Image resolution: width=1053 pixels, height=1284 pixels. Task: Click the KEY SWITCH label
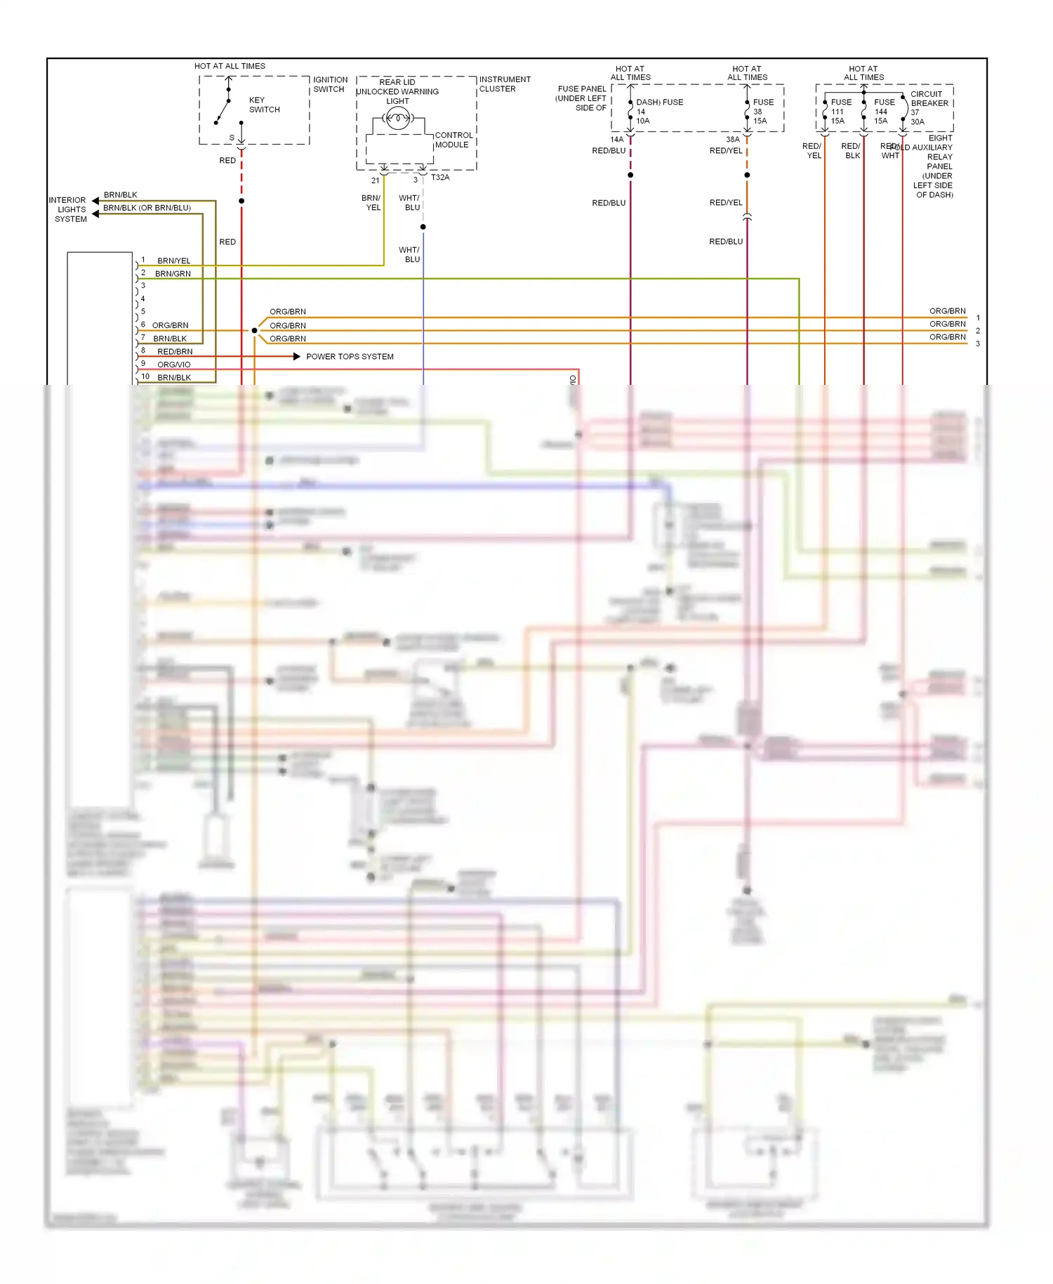click(x=264, y=105)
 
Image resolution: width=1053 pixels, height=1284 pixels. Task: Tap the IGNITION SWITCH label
click(x=329, y=84)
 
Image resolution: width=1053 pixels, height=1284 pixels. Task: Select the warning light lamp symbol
click(x=398, y=119)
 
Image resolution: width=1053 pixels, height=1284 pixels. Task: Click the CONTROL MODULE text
click(x=453, y=140)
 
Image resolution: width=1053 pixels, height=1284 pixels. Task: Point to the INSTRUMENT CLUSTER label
click(x=504, y=84)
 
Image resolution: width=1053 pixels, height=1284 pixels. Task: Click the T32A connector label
click(x=440, y=178)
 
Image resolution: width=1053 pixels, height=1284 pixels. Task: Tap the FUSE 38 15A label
click(x=762, y=111)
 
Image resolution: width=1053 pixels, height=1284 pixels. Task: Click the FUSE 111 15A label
click(x=840, y=111)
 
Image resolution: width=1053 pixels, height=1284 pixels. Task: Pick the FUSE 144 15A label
click(x=883, y=111)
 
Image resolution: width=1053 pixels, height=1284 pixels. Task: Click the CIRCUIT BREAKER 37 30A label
click(x=928, y=107)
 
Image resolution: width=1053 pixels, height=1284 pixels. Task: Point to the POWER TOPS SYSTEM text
click(x=350, y=357)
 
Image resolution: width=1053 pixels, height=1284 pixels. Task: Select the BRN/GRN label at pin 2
click(x=173, y=274)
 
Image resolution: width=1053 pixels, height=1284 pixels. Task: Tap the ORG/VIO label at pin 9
click(x=173, y=365)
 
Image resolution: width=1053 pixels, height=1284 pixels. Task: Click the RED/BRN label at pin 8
click(x=175, y=352)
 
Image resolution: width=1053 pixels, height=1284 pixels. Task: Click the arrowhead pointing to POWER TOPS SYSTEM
click(x=296, y=357)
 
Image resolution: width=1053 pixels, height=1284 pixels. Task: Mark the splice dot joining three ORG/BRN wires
click(x=254, y=330)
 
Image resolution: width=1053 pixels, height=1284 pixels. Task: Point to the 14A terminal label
click(x=616, y=140)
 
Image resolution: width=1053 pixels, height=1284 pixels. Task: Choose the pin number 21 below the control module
click(x=375, y=181)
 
